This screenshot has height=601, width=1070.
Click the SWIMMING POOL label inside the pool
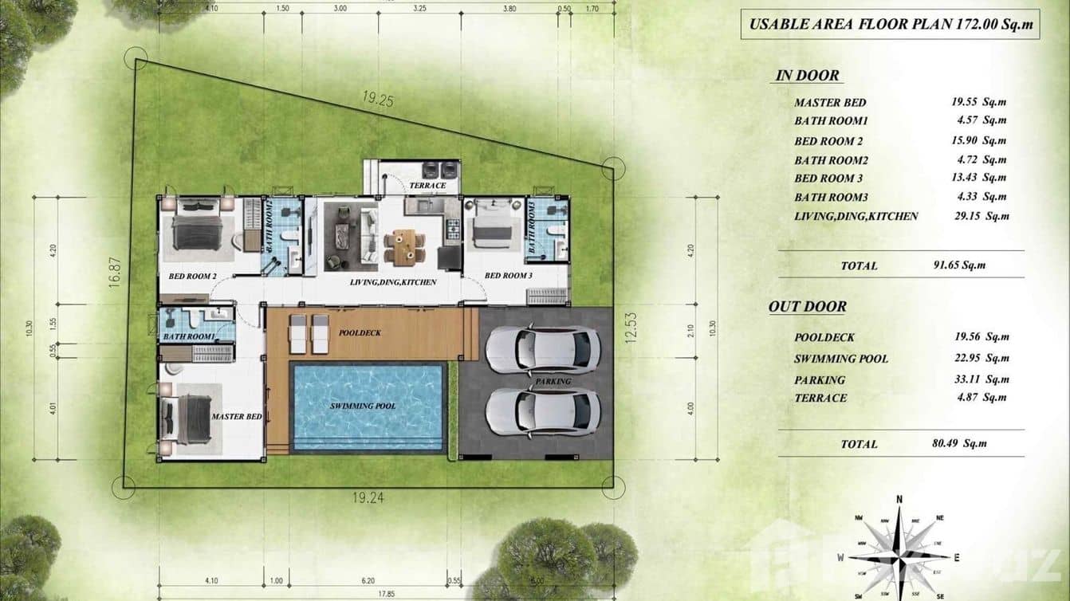point(364,407)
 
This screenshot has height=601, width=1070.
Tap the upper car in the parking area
point(542,350)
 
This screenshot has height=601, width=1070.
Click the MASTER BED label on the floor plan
point(237,417)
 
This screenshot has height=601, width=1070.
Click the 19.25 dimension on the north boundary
point(378,100)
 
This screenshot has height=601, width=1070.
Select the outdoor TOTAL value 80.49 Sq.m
point(962,444)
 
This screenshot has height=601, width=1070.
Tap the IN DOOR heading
point(807,76)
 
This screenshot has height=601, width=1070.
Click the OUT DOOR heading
point(807,307)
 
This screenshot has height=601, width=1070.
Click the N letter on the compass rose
point(899,500)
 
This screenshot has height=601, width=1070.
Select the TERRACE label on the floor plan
point(427,186)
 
